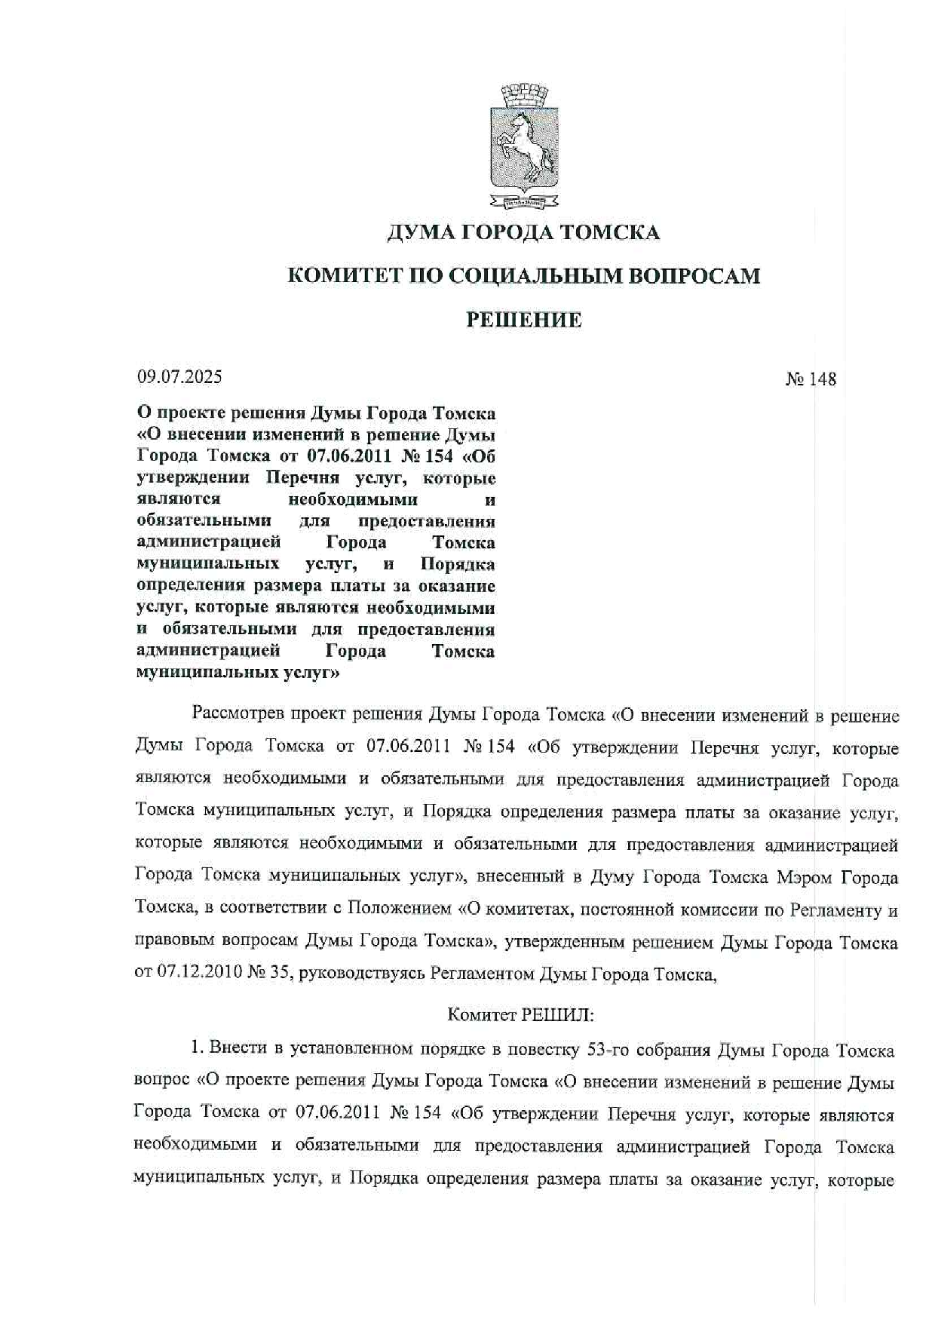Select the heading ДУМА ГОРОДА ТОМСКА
(x=523, y=232)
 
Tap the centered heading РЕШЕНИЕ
(x=524, y=321)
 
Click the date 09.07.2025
(x=179, y=376)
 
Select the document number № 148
(x=811, y=379)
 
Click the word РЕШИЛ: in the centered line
(x=560, y=1014)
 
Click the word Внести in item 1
(x=235, y=1049)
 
